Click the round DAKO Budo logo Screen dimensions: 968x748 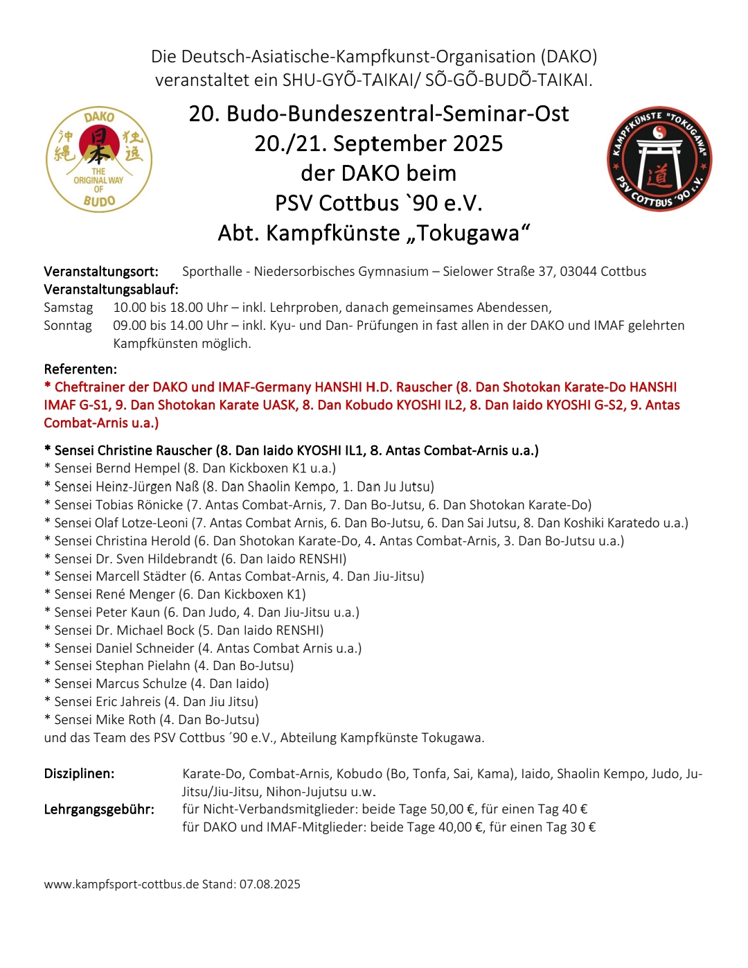tap(99, 159)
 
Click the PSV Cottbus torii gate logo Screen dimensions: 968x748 tap(659, 159)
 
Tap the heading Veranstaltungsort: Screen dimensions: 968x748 tap(101, 272)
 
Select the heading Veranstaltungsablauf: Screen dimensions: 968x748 tap(111, 290)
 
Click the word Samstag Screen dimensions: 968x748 tap(68, 308)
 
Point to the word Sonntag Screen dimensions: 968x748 tap(68, 326)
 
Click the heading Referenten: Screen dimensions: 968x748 tap(80, 369)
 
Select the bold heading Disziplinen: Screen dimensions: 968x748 tap(79, 774)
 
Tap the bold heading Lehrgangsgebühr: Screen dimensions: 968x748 tap(99, 809)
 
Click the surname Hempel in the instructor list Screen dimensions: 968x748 tap(157, 469)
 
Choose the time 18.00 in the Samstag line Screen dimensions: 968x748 tap(186, 308)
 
